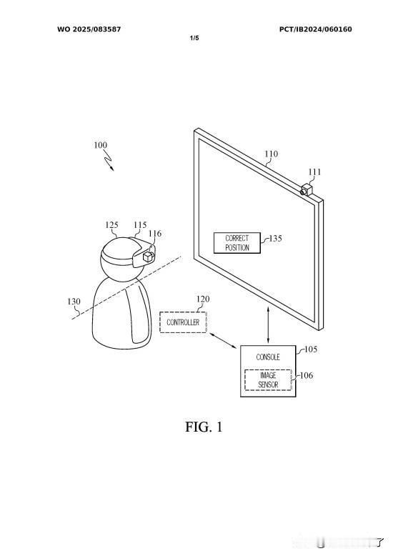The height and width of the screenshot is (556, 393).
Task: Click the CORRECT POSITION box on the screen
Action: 237,243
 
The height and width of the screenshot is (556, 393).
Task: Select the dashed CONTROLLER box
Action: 183,322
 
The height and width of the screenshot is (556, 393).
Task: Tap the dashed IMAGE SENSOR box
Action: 268,379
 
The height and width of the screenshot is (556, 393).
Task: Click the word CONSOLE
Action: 268,357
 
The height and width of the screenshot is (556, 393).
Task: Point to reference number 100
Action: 100,145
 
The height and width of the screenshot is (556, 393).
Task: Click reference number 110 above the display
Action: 272,154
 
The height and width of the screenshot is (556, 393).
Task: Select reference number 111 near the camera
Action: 314,172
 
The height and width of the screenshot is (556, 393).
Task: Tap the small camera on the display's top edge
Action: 307,189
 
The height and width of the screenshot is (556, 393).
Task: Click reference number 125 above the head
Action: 111,225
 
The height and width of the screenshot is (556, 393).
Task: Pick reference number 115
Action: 140,225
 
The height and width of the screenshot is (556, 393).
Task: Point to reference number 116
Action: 154,233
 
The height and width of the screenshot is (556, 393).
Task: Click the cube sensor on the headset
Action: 147,257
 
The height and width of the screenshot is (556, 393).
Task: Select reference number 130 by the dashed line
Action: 74,302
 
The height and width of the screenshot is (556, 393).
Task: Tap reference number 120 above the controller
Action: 203,299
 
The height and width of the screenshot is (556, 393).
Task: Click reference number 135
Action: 276,238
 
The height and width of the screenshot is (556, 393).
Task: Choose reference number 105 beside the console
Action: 311,349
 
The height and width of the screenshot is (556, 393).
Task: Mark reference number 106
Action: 307,375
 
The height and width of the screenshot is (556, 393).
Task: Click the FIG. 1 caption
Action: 204,427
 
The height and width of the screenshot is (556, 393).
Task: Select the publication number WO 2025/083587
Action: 89,29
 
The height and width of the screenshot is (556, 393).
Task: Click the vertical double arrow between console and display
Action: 268,324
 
